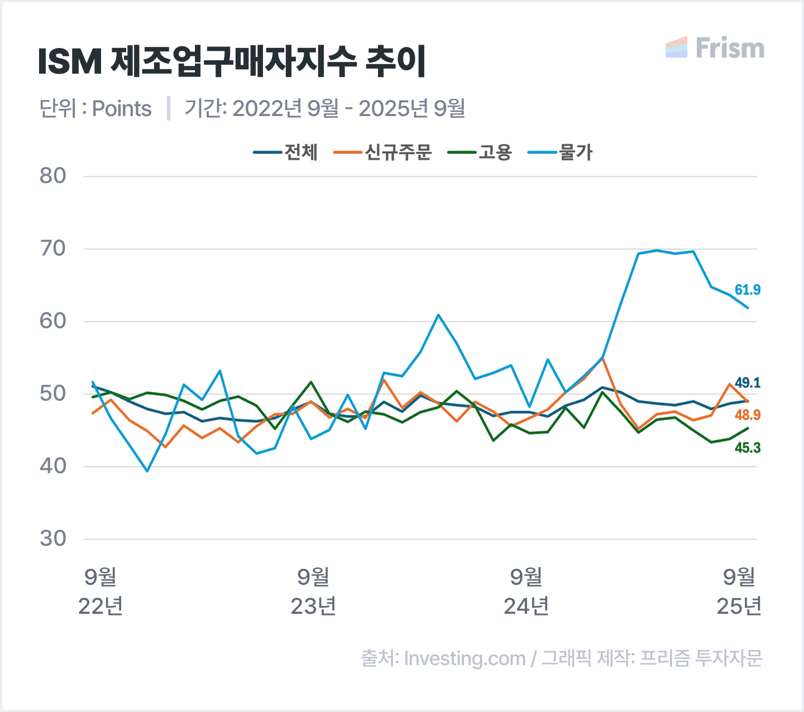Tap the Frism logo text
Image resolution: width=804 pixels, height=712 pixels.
click(729, 49)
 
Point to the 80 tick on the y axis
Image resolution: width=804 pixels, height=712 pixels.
click(53, 176)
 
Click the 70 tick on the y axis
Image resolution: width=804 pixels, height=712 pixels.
click(53, 249)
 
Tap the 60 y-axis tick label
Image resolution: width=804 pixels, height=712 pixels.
click(53, 321)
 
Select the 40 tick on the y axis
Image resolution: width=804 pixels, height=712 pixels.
click(53, 466)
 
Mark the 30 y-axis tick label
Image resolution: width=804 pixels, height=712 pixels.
click(53, 539)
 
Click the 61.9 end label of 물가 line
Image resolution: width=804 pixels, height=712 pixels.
click(747, 290)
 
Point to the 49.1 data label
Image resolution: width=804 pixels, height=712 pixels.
click(747, 383)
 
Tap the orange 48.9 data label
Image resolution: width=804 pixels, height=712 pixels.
click(747, 415)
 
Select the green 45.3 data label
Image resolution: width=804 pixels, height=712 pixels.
click(747, 448)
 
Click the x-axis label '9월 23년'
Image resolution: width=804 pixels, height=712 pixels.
click(313, 591)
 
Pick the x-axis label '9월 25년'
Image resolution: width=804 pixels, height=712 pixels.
click(739, 591)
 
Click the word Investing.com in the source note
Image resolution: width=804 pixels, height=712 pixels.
click(465, 658)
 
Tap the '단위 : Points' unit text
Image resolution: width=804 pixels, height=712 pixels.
click(95, 108)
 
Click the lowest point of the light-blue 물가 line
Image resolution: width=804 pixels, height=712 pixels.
click(147, 472)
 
